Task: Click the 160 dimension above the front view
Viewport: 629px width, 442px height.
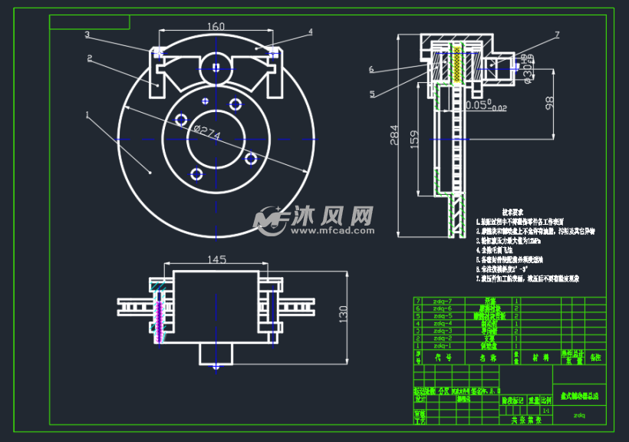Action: pyautogui.click(x=216, y=27)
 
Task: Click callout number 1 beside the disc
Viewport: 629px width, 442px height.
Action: pyautogui.click(x=87, y=116)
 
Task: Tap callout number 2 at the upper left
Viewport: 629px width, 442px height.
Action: pyautogui.click(x=90, y=58)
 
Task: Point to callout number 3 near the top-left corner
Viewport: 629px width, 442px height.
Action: pyautogui.click(x=87, y=35)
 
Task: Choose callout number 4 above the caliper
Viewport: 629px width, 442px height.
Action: pyautogui.click(x=311, y=32)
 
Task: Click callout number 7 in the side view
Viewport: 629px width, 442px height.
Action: pyautogui.click(x=557, y=35)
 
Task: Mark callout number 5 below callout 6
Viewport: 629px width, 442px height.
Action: pyautogui.click(x=372, y=94)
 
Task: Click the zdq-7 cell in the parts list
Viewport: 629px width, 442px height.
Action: pyautogui.click(x=443, y=302)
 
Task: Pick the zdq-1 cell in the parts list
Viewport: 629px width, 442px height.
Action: pyautogui.click(x=443, y=345)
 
